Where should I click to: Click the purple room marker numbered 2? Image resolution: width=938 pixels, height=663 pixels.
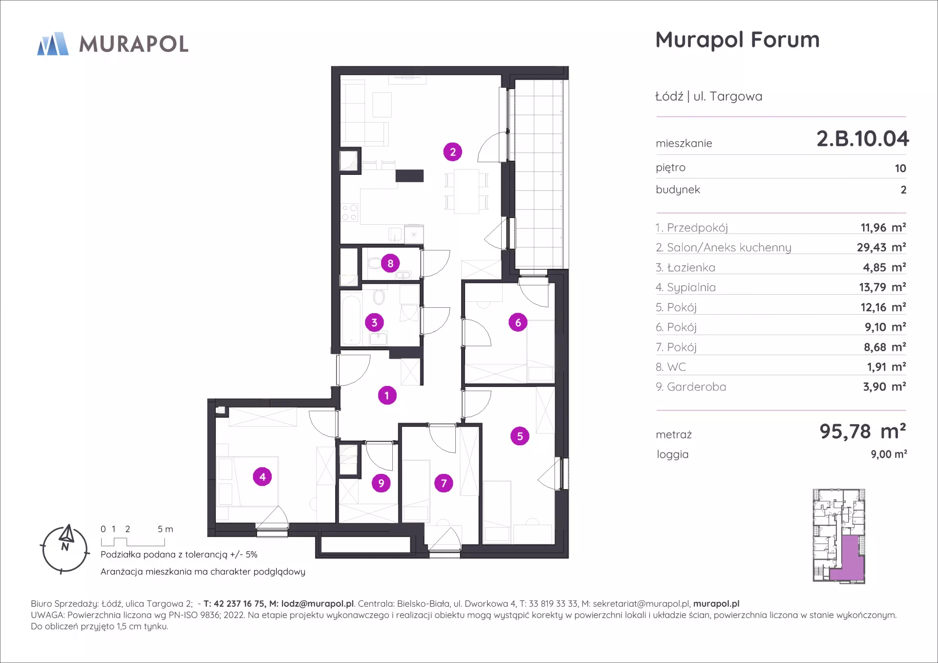tap(453, 152)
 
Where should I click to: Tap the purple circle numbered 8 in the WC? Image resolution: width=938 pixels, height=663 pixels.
tap(390, 263)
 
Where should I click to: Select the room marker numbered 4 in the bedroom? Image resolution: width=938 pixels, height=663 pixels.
tap(262, 476)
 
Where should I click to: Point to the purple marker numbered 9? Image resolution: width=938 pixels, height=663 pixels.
tap(381, 483)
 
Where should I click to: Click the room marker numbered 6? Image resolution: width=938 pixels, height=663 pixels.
tap(518, 322)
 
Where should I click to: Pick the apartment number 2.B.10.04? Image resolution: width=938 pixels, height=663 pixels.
tap(862, 139)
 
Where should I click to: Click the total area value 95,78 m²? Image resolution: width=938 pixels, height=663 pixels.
tap(863, 431)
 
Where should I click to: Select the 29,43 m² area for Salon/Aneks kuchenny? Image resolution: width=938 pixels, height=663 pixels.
tap(881, 247)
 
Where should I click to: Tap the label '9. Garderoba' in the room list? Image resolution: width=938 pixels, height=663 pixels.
tap(691, 387)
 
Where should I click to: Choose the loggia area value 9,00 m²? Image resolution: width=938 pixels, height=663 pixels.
tap(889, 454)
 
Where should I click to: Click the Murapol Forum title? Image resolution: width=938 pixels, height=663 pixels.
tap(737, 40)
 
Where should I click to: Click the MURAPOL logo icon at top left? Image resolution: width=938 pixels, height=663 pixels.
tap(53, 44)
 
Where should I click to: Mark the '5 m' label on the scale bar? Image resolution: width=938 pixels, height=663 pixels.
tap(165, 529)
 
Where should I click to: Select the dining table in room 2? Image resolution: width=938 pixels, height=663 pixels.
tap(467, 191)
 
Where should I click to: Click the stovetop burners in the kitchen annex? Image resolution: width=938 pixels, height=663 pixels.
tap(350, 213)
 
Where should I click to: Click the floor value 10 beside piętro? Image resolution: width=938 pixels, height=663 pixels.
tap(900, 169)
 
